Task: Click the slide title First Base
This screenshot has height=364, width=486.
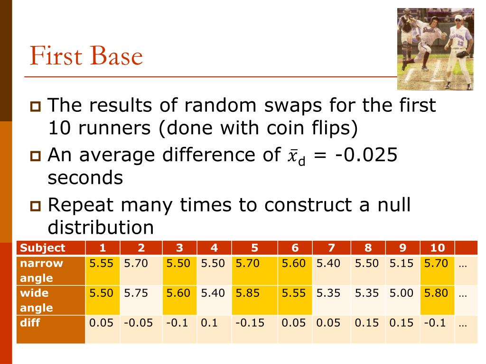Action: [86, 56]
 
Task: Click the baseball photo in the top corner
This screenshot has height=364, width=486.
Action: [435, 49]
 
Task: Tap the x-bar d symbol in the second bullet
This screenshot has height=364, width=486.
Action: [295, 156]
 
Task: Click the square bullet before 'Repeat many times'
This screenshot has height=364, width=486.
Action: [36, 206]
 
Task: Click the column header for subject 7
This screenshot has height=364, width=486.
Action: [331, 247]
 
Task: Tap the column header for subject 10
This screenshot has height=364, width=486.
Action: [437, 247]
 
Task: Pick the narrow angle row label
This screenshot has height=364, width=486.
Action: [42, 271]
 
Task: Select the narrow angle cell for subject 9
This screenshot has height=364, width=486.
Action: [402, 264]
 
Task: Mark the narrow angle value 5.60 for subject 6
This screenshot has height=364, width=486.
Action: [293, 264]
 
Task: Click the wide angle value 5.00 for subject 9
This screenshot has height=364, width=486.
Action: [402, 293]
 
